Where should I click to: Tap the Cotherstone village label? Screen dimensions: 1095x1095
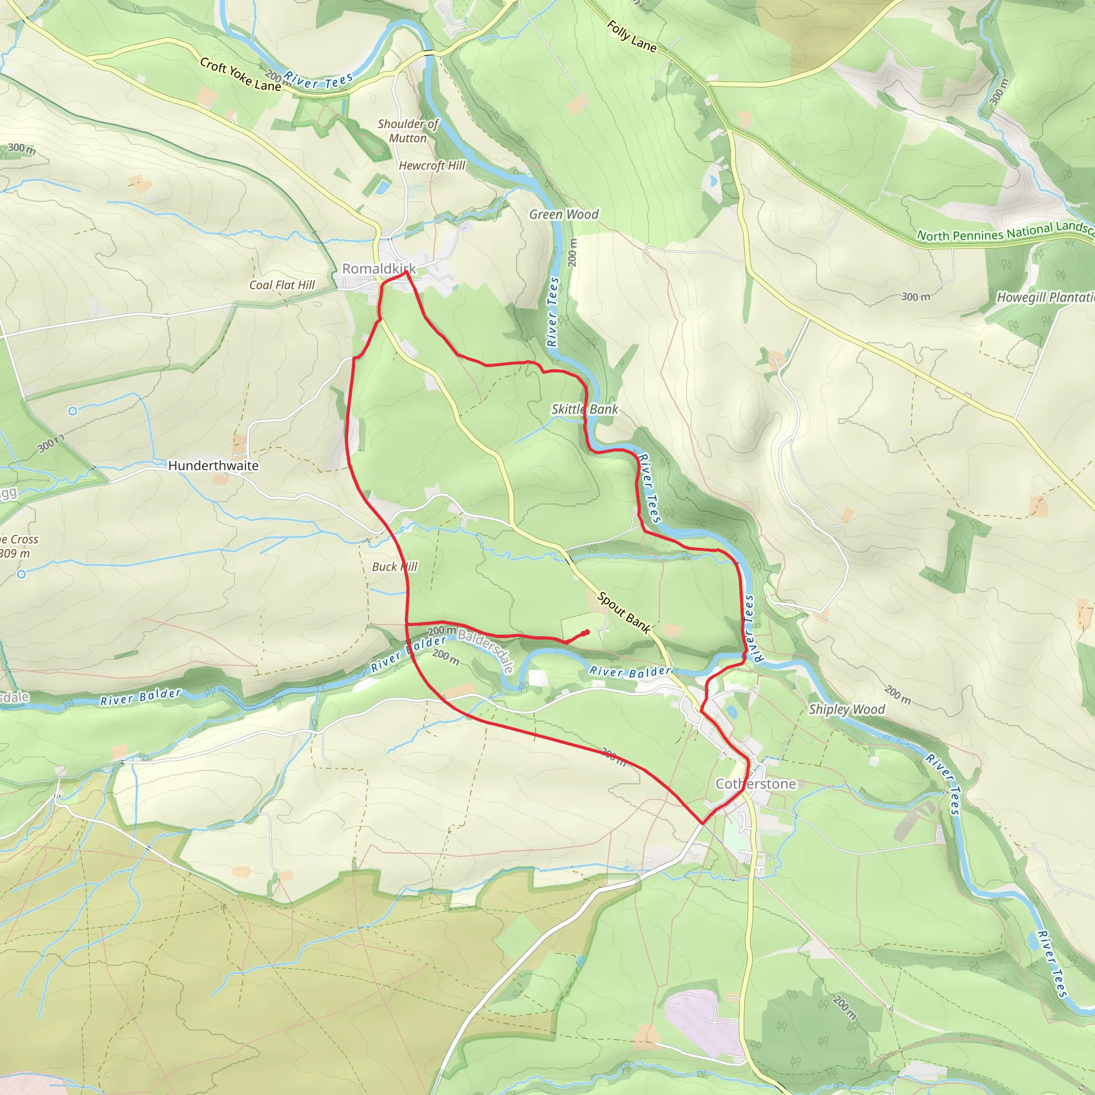point(755,784)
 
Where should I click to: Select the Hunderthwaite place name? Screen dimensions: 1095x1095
point(213,465)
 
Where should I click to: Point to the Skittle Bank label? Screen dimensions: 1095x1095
point(584,409)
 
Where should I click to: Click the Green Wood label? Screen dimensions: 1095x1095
point(564,214)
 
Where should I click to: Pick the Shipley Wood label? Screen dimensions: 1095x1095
point(846,709)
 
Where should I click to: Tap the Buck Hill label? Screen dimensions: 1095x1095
point(394,567)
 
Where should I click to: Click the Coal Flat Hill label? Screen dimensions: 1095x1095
point(282,285)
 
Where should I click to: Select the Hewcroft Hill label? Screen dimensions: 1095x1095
point(431,166)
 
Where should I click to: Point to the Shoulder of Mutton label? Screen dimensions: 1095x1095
point(408,131)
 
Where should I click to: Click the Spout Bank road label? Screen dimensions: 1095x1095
point(623,612)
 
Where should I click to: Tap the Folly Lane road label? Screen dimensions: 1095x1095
point(631,36)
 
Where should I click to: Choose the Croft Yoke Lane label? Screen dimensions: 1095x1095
point(240,74)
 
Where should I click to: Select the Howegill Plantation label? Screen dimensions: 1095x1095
point(1045,297)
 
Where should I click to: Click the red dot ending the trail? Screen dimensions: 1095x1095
point(587,633)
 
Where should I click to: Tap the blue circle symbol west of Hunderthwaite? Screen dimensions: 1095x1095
point(73,412)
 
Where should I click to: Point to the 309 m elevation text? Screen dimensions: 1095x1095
point(16,554)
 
